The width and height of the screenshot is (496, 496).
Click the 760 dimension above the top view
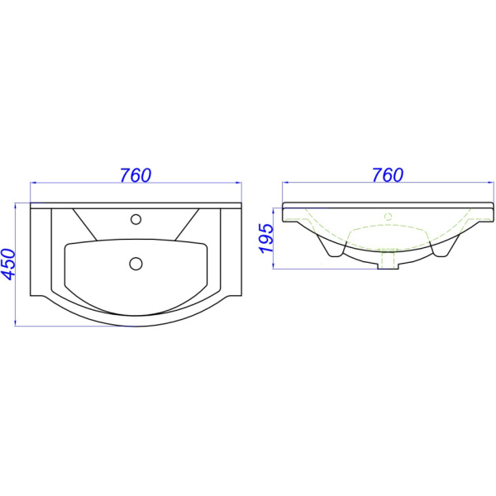click(136, 175)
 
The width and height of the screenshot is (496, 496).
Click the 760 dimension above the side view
click(388, 175)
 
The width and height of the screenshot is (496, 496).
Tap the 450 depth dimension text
click(8, 265)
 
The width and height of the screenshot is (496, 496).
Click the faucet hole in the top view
click(136, 219)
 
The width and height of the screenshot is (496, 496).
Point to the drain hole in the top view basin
click(136, 263)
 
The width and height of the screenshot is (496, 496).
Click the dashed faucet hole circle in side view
click(389, 217)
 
